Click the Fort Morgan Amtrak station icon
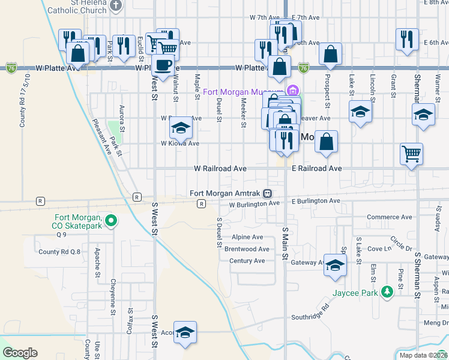point(267,193)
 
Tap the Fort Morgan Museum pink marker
point(293,92)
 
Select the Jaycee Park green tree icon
point(388,292)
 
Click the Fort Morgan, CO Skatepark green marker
point(110,221)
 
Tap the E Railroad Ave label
point(316,169)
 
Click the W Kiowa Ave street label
point(179,143)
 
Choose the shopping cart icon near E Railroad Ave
point(412,154)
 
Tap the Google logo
point(19,353)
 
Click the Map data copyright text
point(423,355)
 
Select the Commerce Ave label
point(390,217)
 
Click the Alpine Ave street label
point(247,238)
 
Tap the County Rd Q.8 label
point(59,252)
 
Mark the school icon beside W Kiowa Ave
point(180,127)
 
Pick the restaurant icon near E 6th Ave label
point(407,40)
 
